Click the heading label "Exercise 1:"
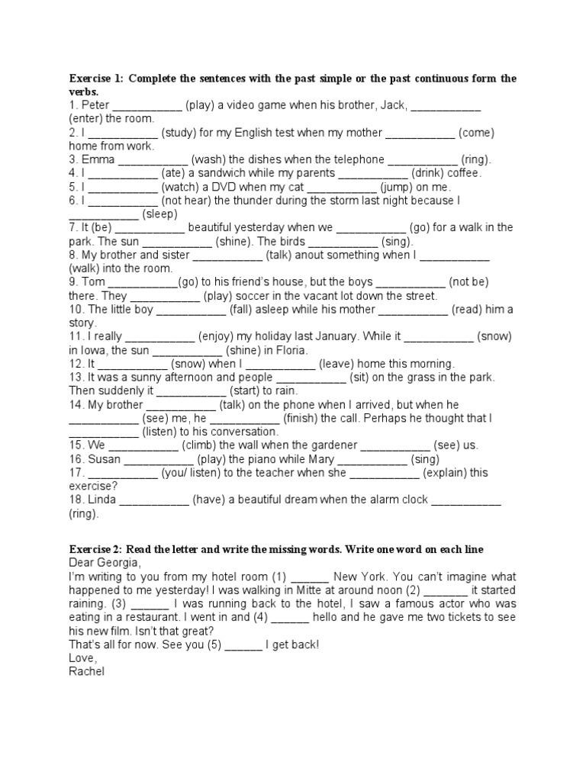(96, 79)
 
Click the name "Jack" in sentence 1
(391, 105)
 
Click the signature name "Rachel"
(86, 671)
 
